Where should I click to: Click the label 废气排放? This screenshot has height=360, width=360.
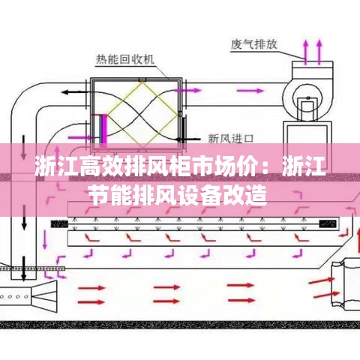coord(254,44)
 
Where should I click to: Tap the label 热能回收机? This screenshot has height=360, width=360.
coord(125,59)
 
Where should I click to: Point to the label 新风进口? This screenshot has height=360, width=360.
coord(231,139)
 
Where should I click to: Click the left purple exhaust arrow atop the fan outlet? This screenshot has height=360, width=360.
coord(305,52)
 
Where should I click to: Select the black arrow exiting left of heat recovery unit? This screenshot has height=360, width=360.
coord(74,92)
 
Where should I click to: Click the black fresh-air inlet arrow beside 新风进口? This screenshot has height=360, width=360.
coord(187,139)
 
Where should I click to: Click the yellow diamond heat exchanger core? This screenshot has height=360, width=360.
coord(142,115)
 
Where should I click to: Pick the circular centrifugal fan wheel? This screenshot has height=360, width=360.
coord(308,102)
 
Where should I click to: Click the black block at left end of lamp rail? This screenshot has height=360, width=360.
coord(59,223)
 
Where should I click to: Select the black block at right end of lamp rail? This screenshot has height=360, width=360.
coord(328,223)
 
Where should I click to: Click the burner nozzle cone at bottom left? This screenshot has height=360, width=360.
coord(44,297)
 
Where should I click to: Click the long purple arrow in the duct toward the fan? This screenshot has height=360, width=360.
coord(250,91)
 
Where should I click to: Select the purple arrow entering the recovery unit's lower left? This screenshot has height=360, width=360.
coord(81,137)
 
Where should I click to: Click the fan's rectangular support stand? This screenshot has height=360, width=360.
coord(307,133)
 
